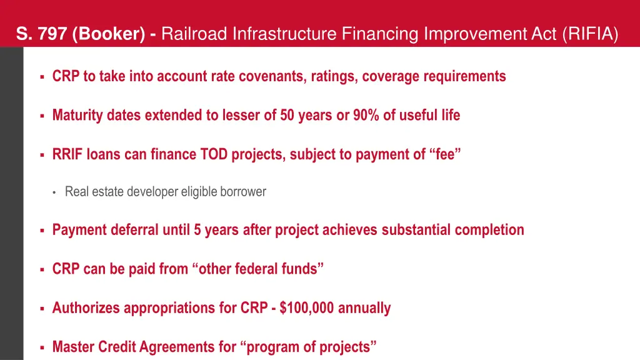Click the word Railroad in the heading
(x=194, y=34)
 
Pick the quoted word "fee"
(x=445, y=154)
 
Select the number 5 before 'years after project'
(x=197, y=230)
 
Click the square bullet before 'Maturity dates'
(x=41, y=116)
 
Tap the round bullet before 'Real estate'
(x=54, y=192)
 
